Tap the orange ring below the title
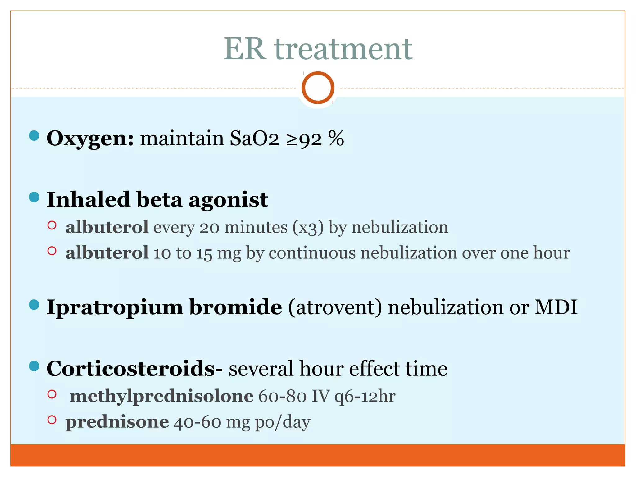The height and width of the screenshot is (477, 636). click(318, 88)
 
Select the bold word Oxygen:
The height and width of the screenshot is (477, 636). click(90, 138)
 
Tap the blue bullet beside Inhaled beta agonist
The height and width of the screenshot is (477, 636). click(34, 197)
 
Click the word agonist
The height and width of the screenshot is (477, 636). click(228, 199)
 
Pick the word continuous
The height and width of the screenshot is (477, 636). click(312, 253)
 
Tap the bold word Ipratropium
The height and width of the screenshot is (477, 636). click(115, 307)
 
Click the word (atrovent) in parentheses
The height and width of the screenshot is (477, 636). click(335, 307)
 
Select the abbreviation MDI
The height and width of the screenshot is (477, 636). click(556, 307)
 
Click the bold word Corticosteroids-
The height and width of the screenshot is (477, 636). click(134, 369)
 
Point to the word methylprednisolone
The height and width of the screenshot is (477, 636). click(161, 396)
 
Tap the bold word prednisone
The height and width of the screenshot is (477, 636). click(117, 422)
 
